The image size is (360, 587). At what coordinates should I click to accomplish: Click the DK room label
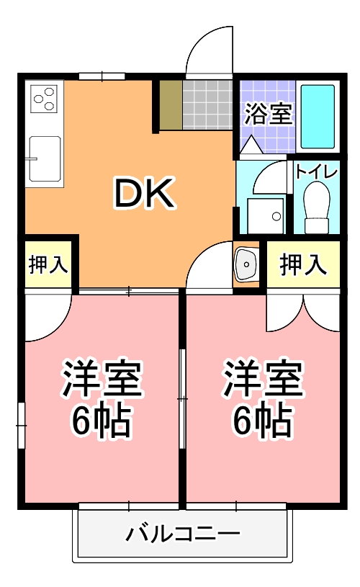143,193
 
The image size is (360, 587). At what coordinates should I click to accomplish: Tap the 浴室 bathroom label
268,114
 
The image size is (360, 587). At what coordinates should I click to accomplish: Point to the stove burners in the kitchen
43,99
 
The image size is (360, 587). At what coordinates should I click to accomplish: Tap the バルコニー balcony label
183,534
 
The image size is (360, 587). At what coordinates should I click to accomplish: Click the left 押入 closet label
48,264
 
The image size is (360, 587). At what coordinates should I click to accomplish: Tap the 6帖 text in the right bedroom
262,421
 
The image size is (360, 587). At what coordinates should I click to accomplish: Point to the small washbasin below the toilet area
246,266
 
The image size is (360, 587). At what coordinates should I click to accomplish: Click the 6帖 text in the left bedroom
101,421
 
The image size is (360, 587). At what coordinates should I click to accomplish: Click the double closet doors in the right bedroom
303,310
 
